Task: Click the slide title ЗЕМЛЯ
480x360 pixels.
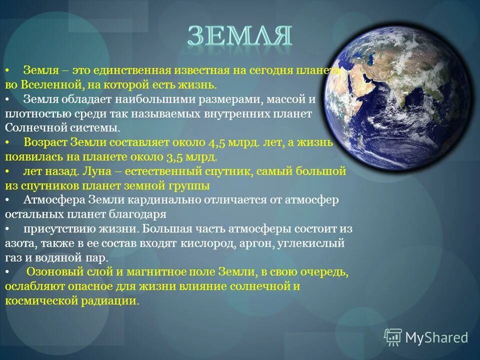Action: (239, 36)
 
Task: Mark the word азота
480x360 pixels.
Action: (19, 243)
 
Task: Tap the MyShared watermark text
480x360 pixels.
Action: (436, 337)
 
